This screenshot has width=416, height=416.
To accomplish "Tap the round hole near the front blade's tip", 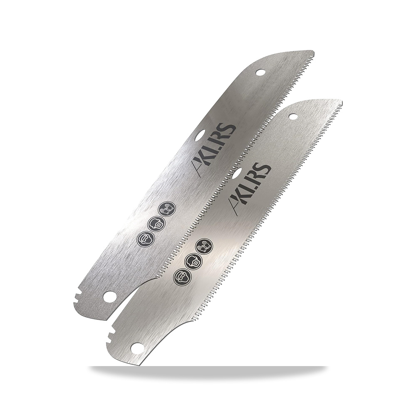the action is point(293,116).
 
